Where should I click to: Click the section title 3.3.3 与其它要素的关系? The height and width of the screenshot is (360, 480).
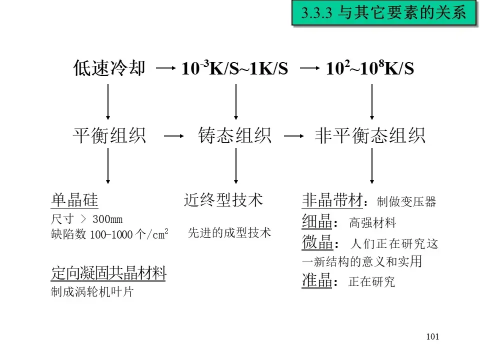383,12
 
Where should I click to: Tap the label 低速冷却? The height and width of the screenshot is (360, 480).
109,68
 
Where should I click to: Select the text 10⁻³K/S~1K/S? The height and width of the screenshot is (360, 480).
234,68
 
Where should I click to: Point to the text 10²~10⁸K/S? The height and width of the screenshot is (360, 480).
370,68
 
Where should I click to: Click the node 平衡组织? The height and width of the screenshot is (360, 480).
109,135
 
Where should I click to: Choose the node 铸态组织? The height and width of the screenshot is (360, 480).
235,135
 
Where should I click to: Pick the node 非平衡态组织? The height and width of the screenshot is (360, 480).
370,135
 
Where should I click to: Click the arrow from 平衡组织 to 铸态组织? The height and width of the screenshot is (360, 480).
171,136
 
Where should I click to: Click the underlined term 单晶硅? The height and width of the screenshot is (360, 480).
74,200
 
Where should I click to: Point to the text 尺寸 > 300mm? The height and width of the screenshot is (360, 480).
86,219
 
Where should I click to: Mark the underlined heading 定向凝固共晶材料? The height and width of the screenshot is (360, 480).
108,273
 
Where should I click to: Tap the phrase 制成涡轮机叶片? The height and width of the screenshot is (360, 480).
92,292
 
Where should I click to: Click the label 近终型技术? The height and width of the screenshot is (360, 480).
223,200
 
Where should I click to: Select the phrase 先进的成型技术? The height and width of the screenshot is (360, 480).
229,232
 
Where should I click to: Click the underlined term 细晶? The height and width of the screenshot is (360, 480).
317,221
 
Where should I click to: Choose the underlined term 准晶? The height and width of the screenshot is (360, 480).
317,281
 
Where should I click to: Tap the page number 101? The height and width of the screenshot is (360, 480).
432,336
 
